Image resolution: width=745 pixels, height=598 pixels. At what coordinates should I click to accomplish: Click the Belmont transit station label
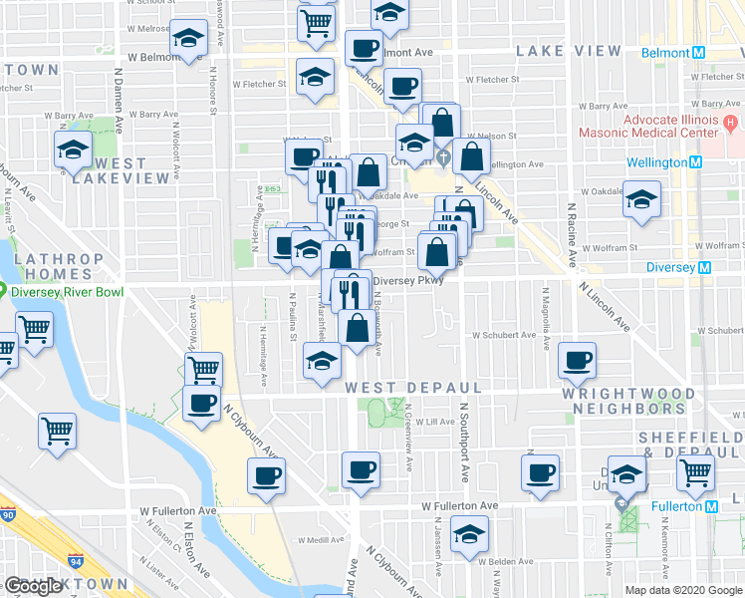[666, 53]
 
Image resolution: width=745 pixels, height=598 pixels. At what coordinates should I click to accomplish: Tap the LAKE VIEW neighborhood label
[569, 51]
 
